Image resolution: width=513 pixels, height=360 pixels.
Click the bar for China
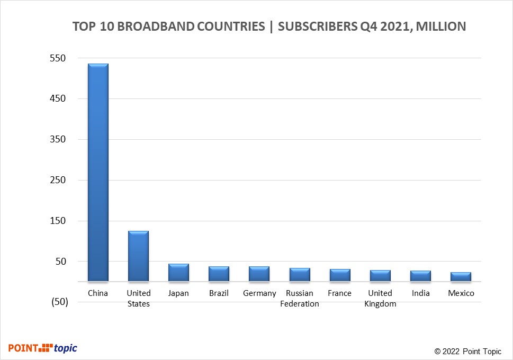[x=98, y=173]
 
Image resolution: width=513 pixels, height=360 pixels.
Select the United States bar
[x=138, y=256]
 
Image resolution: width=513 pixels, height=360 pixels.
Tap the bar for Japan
[x=178, y=273]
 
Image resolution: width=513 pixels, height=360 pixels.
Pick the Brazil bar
[x=219, y=274]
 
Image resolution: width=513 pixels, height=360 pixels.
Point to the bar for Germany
[x=259, y=274]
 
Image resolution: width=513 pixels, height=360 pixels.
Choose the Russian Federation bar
[x=300, y=275]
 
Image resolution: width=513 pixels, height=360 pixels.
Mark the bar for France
[x=340, y=275]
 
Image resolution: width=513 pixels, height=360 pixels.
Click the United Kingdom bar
[x=380, y=276]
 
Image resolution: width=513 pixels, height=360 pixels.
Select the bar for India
[x=420, y=276]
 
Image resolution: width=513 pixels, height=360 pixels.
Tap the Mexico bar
[x=461, y=277]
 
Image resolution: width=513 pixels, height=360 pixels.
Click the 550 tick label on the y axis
[x=58, y=58]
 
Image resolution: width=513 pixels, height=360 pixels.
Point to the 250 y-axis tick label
[x=58, y=180]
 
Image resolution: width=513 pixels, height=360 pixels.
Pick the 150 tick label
[x=58, y=221]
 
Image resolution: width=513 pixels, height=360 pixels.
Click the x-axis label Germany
[x=259, y=293]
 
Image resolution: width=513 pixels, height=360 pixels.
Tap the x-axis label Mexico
[x=461, y=293]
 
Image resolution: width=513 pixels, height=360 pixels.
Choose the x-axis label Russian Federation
[x=300, y=299]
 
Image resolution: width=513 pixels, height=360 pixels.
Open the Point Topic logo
[x=43, y=348]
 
